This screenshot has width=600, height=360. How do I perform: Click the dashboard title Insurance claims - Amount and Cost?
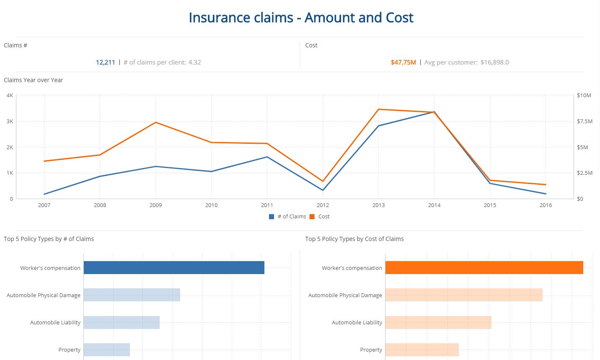point(301,18)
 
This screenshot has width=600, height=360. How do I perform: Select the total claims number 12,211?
point(105,62)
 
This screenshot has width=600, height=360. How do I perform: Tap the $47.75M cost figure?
point(403,62)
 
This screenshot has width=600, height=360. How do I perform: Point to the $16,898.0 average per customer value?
point(494,62)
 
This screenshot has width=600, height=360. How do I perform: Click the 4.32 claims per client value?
point(194,62)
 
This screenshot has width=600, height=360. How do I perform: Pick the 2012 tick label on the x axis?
point(323,205)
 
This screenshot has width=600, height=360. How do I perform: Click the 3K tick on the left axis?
point(10,121)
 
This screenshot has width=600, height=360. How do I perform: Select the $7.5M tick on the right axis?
point(584,121)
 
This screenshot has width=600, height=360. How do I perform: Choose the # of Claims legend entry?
point(288,217)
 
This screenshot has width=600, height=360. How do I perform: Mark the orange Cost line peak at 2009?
point(155,122)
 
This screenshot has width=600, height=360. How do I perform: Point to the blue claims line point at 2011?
point(267,157)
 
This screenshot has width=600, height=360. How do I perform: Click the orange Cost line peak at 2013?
point(378,109)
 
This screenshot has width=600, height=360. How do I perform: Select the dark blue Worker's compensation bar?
point(174,268)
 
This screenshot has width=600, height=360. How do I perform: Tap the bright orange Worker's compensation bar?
point(484,268)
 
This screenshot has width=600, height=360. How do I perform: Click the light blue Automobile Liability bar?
point(122,322)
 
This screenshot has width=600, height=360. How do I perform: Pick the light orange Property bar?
point(422,350)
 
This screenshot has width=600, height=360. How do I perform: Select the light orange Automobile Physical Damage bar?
point(464,295)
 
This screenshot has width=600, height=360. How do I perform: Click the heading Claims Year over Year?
point(34,80)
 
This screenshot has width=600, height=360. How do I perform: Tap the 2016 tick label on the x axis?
point(546,205)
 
